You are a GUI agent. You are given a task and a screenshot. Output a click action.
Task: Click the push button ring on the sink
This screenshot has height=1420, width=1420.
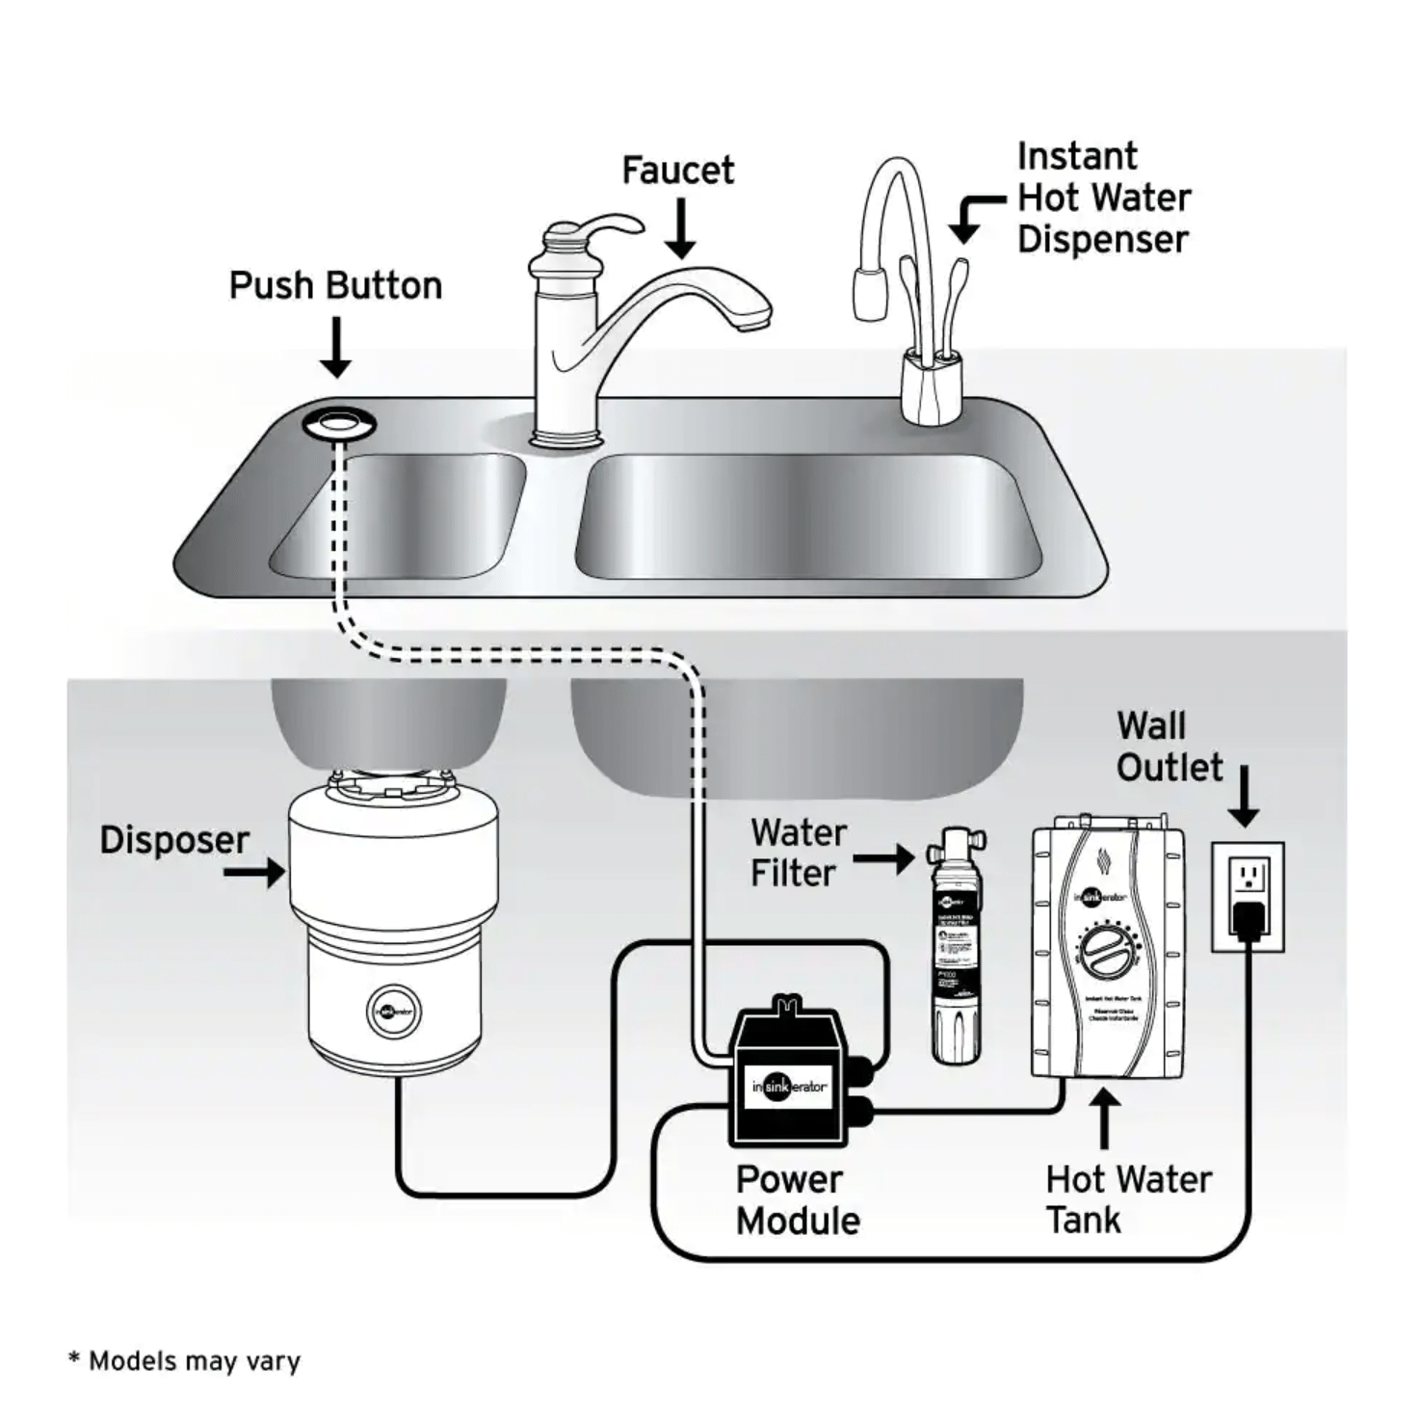338,422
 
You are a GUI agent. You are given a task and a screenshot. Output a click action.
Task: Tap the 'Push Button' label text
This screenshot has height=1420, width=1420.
335,286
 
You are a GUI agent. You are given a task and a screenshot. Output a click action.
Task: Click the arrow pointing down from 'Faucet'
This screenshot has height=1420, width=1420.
681,229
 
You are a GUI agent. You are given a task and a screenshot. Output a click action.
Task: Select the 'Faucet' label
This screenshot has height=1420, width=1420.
677,171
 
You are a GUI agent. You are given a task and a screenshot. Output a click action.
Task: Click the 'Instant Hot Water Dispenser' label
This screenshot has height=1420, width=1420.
1103,197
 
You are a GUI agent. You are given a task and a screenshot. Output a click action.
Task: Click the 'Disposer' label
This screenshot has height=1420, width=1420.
174,840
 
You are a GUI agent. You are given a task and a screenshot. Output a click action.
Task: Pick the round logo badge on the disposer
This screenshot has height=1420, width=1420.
393,1012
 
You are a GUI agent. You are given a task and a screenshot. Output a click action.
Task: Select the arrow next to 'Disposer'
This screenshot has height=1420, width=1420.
255,873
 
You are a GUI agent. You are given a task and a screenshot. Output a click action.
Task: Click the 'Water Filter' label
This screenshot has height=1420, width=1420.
798,853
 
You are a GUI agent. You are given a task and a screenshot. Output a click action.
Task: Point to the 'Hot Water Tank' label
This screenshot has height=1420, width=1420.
1127,1199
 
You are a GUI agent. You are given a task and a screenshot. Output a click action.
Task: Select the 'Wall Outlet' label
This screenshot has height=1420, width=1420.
1169,747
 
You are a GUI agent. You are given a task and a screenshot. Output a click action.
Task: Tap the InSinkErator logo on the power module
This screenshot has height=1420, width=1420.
789,1087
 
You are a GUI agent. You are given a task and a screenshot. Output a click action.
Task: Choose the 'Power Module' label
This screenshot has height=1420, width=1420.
798,1200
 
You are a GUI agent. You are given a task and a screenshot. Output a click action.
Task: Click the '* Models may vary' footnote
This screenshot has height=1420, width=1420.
185,1361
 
